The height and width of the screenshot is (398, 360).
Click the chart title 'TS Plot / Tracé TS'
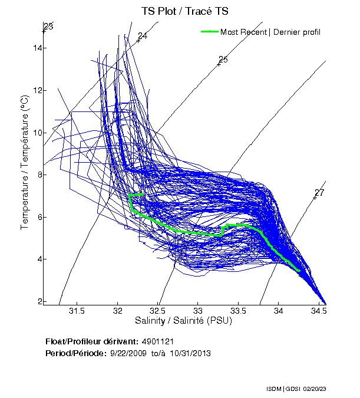point(184,11)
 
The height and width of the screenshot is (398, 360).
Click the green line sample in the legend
point(210,32)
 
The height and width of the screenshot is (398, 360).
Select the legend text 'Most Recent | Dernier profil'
point(270,32)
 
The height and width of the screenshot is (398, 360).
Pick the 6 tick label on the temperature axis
point(39,217)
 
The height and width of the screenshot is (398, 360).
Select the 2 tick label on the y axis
point(39,301)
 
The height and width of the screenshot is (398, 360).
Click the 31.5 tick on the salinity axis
point(77,311)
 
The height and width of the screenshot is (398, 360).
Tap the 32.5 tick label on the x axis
point(158,311)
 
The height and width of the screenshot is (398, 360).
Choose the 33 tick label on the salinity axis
point(198,311)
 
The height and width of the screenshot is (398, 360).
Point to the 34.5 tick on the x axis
point(319,311)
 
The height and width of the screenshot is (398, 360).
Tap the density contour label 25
point(223,60)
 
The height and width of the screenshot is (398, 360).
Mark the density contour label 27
point(319,193)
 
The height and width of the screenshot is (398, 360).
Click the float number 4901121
point(157,341)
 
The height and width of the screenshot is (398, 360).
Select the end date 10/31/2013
point(191,353)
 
